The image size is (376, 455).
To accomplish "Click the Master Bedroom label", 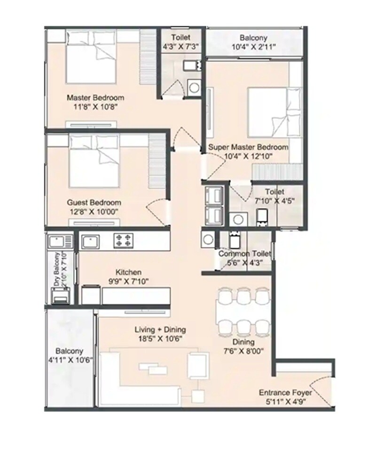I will [x=95, y=98].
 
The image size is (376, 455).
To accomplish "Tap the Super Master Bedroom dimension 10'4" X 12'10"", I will [x=249, y=156].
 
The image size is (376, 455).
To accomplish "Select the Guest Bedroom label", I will [x=94, y=203].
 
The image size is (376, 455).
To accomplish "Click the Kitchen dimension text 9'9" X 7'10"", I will [x=129, y=282].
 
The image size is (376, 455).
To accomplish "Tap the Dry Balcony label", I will [x=57, y=270].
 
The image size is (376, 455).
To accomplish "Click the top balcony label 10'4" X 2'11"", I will [x=253, y=38].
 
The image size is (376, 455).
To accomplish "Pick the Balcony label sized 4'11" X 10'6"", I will [x=69, y=351].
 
